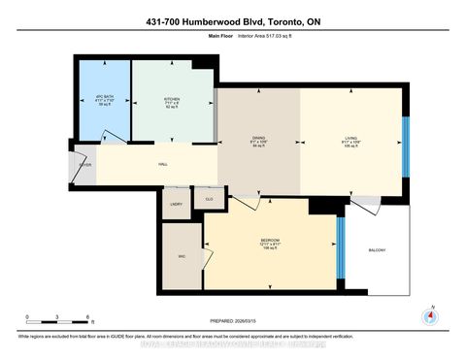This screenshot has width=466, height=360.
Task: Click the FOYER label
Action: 84,165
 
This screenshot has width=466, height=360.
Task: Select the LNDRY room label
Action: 176,204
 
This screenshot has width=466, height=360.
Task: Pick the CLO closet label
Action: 208,199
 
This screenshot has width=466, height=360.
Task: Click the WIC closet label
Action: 182,256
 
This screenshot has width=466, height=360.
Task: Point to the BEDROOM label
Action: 270,240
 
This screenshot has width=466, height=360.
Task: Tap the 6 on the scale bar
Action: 89,318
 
